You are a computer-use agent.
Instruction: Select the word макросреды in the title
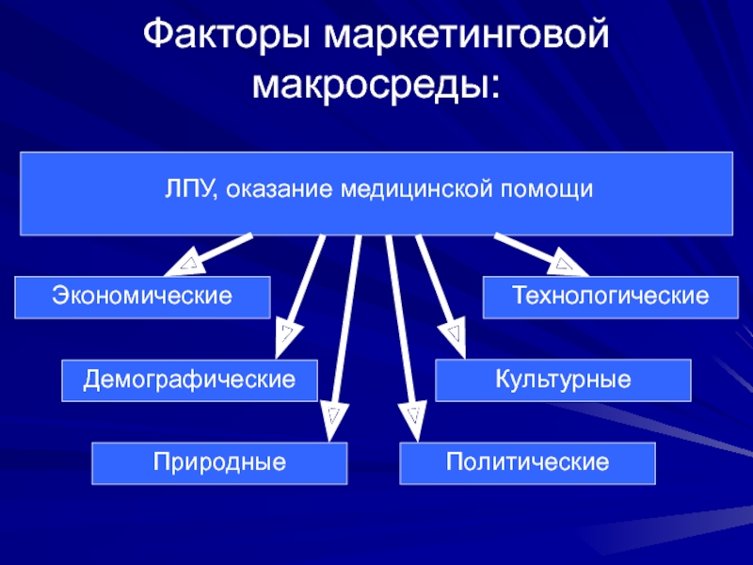point(367,87)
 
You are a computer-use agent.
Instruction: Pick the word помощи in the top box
point(547,189)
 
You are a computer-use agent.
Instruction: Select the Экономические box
point(143,298)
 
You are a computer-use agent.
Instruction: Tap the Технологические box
point(610,298)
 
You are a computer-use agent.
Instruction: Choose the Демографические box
point(190,380)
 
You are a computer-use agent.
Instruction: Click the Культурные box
point(563,380)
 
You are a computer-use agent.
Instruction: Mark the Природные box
point(219,463)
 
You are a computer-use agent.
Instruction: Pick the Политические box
point(527,463)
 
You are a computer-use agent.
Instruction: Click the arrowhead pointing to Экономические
point(185,264)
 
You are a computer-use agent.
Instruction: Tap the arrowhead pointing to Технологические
point(568,264)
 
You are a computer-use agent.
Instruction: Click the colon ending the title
point(494,88)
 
